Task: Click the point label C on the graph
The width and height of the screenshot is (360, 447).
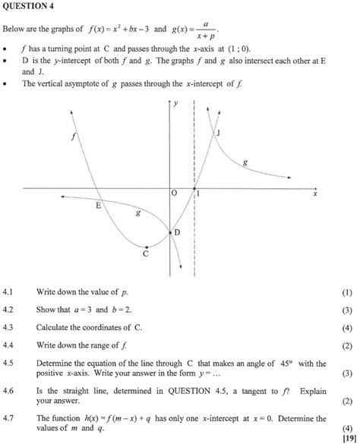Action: pos(146,255)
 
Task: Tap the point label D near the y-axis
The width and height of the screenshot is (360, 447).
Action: pos(177,231)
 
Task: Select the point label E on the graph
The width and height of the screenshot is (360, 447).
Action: pos(98,205)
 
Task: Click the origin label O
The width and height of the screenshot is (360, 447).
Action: pos(174,195)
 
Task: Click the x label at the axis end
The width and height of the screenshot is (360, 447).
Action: pos(314,194)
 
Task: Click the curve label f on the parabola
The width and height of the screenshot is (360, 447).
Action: pos(74,137)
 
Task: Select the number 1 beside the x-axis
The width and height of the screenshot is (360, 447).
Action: pos(199,195)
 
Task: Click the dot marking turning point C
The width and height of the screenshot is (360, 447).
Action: pos(146,247)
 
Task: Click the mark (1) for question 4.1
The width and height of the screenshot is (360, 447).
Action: pos(347,292)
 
